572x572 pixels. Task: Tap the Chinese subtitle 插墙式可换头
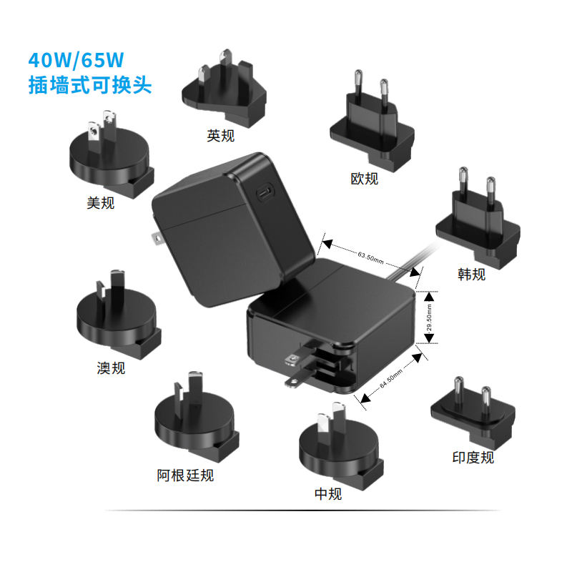pos(89,85)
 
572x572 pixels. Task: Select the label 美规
pos(100,203)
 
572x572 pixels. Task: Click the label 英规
pos(220,135)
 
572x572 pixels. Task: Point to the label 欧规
pos(364,178)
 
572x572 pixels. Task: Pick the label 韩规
pos(471,273)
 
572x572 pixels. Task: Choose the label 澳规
pos(111,368)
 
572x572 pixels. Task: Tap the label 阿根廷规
pos(185,475)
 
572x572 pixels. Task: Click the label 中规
pos(328,493)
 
